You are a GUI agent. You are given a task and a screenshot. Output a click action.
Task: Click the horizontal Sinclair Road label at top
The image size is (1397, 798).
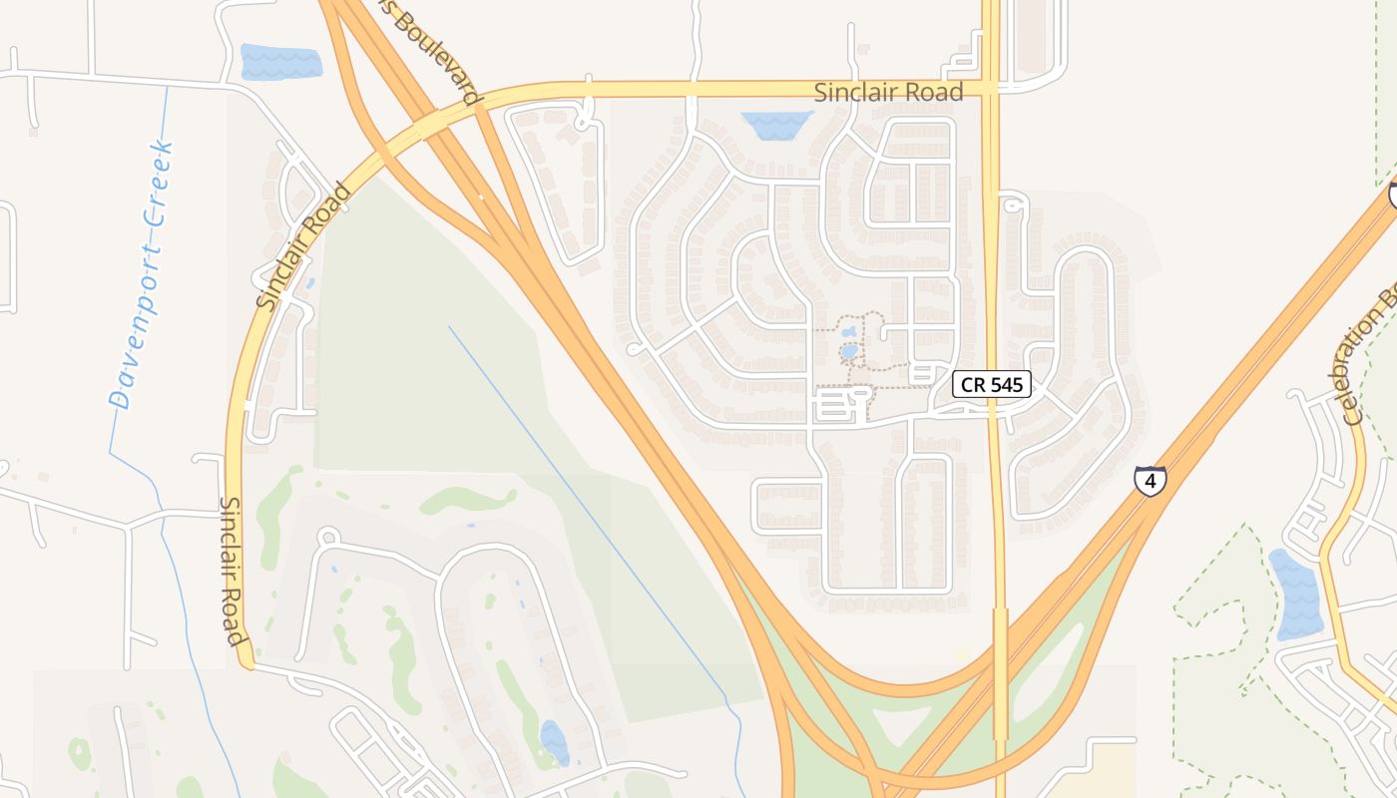(x=888, y=93)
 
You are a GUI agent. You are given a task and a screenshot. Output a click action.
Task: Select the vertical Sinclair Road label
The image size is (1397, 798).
(x=232, y=571)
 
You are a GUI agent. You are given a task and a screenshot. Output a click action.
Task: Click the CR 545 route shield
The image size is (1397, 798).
(x=991, y=384)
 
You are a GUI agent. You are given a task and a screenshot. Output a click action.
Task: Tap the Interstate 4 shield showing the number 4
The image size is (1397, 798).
(x=1150, y=481)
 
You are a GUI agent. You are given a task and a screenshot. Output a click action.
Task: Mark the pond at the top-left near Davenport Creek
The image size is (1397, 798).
(x=280, y=62)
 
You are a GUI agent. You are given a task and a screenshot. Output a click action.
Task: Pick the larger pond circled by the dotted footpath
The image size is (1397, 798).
(x=849, y=351)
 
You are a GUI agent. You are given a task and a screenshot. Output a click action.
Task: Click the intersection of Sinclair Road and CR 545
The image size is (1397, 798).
(x=990, y=89)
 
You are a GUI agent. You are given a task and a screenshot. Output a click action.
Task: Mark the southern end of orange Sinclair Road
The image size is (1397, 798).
(x=245, y=662)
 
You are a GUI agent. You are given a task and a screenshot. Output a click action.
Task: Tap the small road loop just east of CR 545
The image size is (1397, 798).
(x=1014, y=204)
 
